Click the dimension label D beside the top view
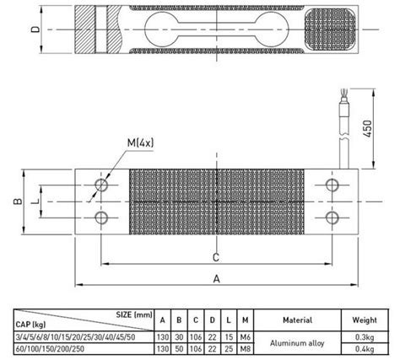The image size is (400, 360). point(34,30)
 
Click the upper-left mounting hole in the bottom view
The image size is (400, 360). point(102,185)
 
